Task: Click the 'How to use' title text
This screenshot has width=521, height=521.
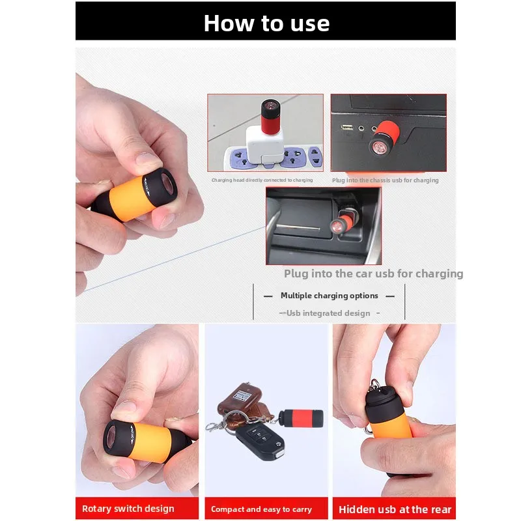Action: [x=266, y=23]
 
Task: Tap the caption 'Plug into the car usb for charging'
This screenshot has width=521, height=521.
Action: [x=373, y=274]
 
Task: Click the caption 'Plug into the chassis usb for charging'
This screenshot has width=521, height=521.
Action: [x=385, y=180]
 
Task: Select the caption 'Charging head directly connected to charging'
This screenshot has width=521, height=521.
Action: [x=262, y=180]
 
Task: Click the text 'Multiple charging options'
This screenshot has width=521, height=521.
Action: [x=329, y=296]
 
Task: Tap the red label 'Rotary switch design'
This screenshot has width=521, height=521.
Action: [x=128, y=509]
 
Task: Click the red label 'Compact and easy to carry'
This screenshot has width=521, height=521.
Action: [x=261, y=509]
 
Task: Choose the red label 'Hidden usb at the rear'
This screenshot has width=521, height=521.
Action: [x=395, y=509]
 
